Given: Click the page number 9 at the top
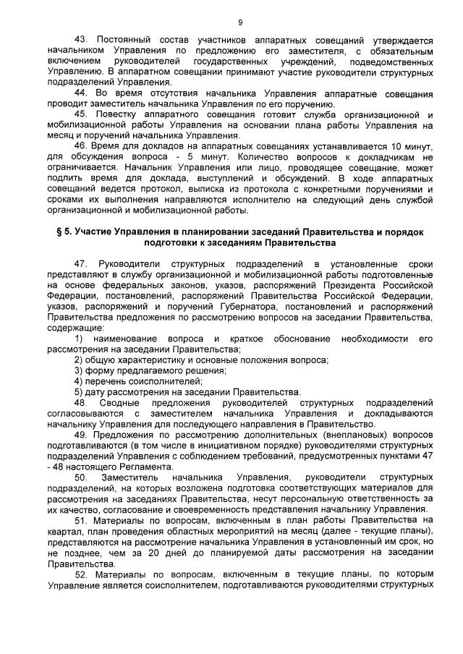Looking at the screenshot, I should click(239, 22).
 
